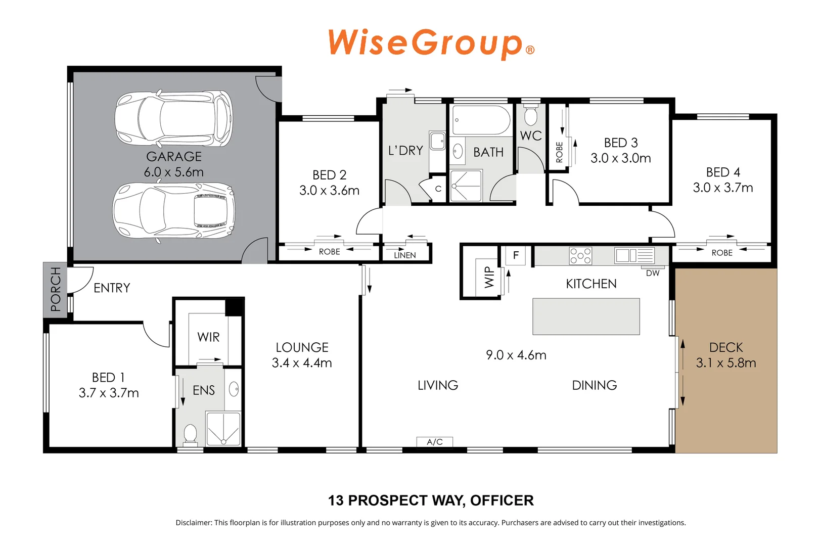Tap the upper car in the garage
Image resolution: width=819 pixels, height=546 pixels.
[x=174, y=119]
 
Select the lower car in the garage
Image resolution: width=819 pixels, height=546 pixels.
[x=174, y=210]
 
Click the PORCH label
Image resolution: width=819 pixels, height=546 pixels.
[x=55, y=289]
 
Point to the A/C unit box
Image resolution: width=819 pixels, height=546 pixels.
[x=435, y=442]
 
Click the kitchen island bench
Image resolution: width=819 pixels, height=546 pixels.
[x=586, y=316]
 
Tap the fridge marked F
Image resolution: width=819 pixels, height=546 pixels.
[x=516, y=255]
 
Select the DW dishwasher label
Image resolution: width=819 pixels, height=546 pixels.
[x=653, y=273]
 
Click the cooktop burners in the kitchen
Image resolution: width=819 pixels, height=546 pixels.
[x=580, y=256]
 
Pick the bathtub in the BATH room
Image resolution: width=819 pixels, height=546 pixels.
[x=481, y=120]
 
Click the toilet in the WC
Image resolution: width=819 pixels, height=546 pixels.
[x=530, y=115]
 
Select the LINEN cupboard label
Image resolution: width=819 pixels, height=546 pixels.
[x=405, y=255]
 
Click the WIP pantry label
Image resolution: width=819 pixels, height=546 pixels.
[x=489, y=277]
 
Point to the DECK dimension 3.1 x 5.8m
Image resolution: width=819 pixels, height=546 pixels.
[x=726, y=363]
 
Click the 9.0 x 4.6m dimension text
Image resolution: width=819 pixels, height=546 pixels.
[x=516, y=355]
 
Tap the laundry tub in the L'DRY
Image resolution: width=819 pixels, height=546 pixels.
[x=437, y=141]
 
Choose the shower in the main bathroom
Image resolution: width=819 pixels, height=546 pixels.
[x=466, y=186]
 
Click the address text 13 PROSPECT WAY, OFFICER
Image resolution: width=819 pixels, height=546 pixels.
[x=431, y=500]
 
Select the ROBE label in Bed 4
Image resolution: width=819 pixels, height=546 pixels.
[x=721, y=253]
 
